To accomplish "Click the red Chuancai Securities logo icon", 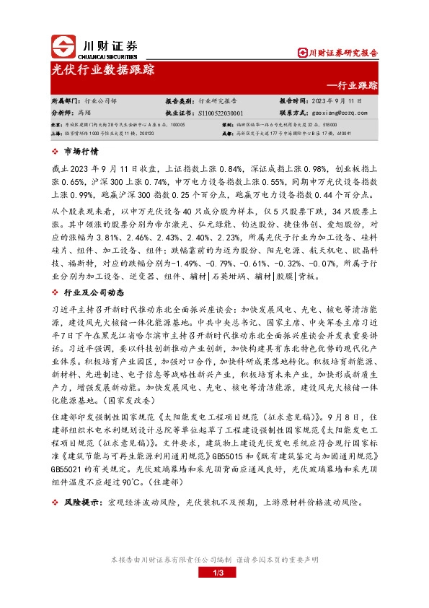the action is [63, 47].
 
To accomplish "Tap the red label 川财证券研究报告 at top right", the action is [341, 53].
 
